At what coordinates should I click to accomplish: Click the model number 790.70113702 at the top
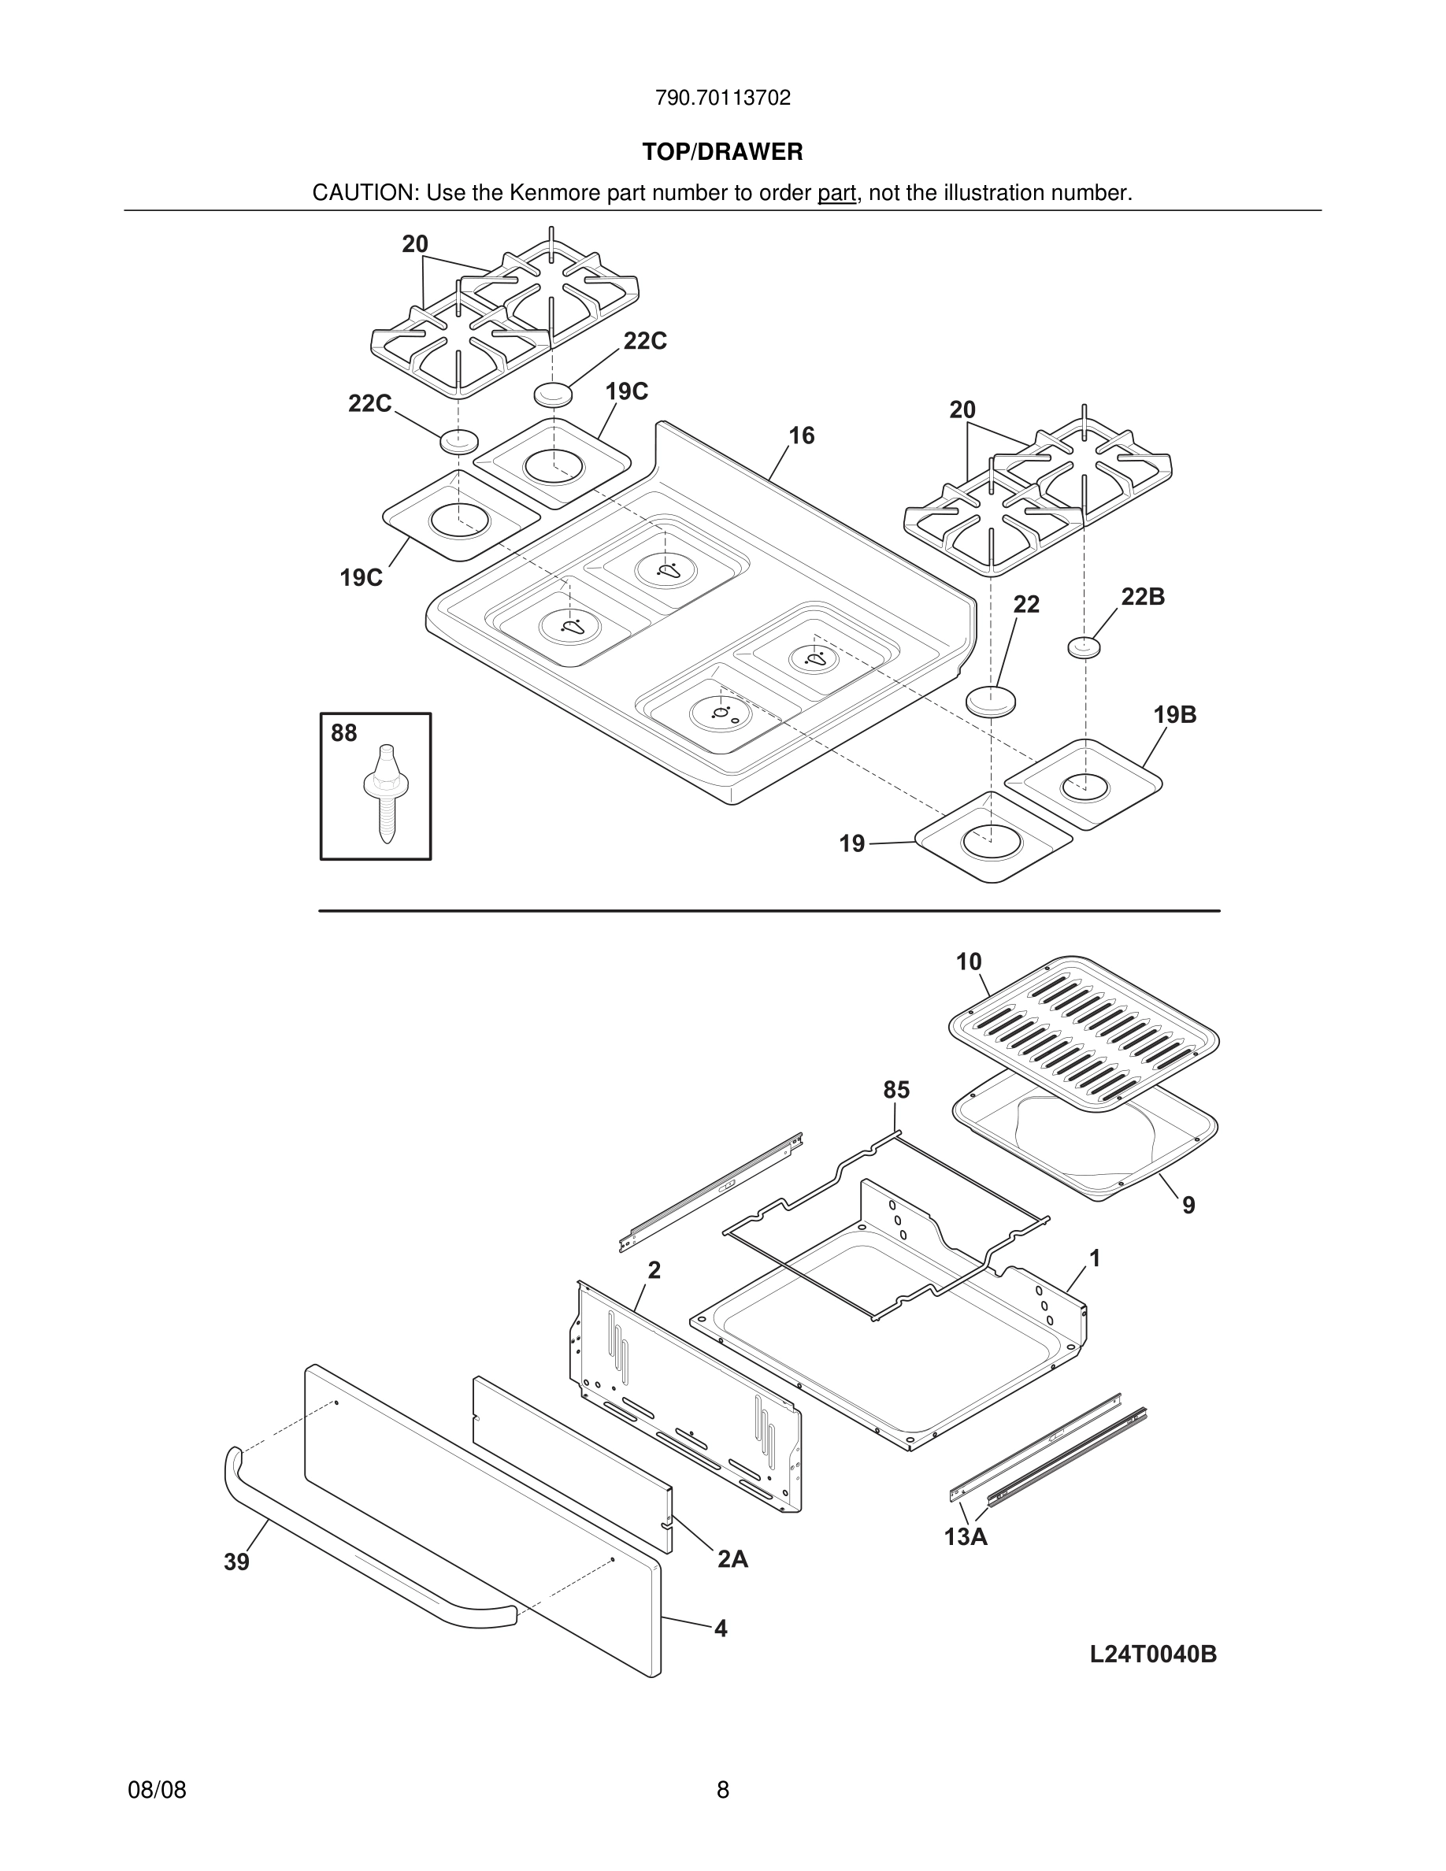click(722, 98)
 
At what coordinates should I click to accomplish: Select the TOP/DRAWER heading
click(722, 153)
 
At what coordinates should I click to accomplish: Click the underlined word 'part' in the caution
click(836, 194)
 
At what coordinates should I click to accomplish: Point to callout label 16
click(801, 436)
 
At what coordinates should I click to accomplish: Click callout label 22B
click(1143, 597)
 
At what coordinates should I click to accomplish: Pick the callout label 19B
click(1174, 714)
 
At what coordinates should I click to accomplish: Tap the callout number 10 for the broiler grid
click(969, 962)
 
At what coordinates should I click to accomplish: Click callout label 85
click(896, 1091)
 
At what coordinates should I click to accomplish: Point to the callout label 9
click(1188, 1206)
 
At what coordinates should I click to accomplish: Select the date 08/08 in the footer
click(157, 1790)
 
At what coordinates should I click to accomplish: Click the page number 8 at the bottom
click(723, 1790)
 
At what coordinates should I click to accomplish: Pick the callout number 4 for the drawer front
click(721, 1628)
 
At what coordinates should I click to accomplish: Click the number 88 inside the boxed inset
click(343, 733)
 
